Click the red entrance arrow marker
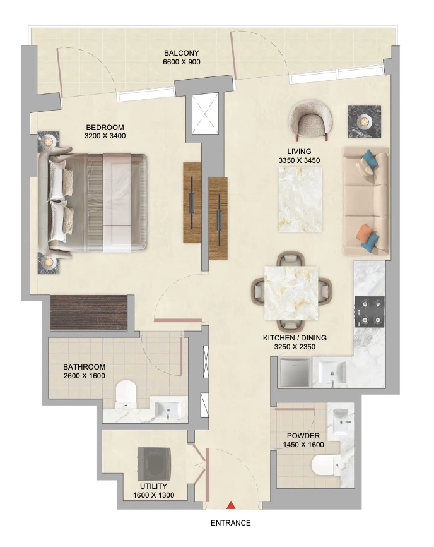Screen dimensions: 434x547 point(231,505)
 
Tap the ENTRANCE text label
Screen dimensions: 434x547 point(231,523)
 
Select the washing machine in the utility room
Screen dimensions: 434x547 point(155,464)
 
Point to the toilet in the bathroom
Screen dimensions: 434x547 point(126,394)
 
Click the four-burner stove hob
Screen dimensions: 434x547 point(370,311)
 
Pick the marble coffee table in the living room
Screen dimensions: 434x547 point(300,200)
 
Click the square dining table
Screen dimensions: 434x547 point(291,293)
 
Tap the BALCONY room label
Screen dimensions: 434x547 point(182,53)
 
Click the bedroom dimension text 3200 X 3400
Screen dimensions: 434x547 point(105,136)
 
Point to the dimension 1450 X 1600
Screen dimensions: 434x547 point(303,445)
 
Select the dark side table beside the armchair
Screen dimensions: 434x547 point(365,121)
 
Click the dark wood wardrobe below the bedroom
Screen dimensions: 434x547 point(89,313)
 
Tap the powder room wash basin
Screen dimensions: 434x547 point(341,422)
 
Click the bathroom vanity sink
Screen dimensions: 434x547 point(168,409)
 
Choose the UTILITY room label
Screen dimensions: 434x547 point(154,486)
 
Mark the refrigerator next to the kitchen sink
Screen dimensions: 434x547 point(295,373)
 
